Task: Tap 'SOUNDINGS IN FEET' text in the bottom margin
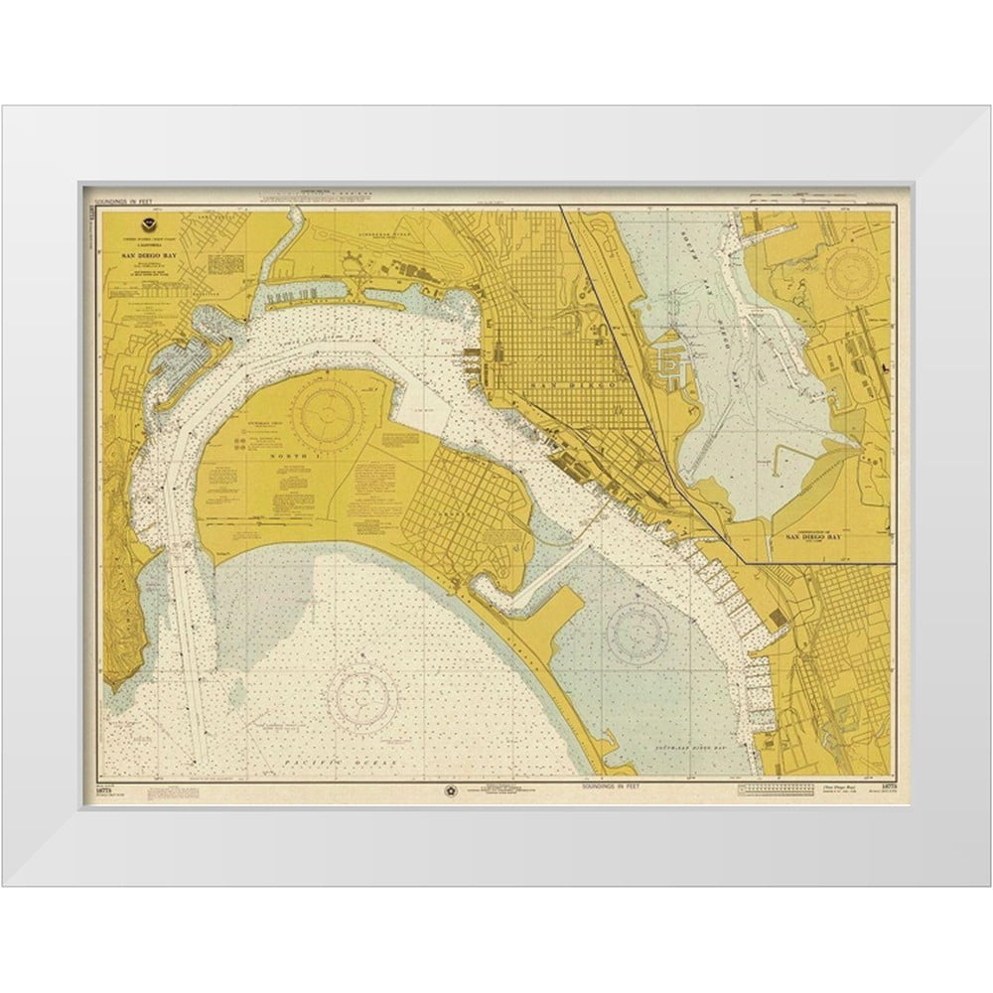tap(612, 785)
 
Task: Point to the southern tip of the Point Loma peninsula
tap(115, 685)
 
